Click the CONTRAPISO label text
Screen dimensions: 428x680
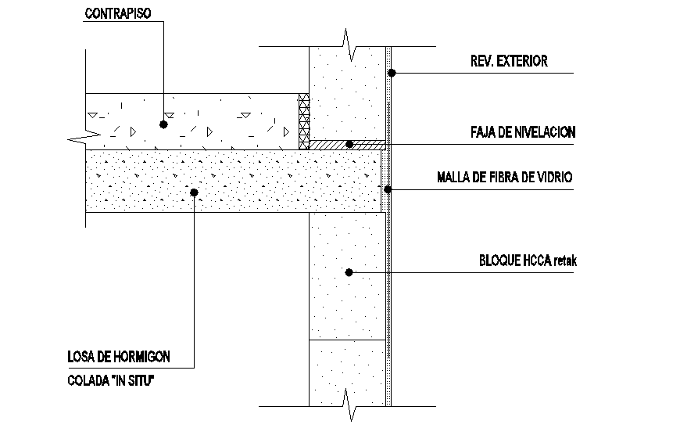coord(118,14)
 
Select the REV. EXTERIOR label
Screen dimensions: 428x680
coord(509,60)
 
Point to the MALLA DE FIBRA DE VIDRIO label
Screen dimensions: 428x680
coord(505,178)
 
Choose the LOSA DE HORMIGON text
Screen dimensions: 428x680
coord(119,358)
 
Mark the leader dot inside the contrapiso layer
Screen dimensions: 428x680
coord(163,124)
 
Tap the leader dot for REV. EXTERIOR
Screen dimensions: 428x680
coord(392,74)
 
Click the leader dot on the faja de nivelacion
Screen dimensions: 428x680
coord(350,145)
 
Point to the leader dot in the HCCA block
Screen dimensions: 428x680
coord(349,272)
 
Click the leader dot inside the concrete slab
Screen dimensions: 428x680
coord(194,191)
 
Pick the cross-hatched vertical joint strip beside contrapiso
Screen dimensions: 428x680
coord(305,121)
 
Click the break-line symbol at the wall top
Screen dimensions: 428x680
coord(349,45)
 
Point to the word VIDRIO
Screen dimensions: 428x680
coord(554,178)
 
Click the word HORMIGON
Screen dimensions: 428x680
coord(141,358)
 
